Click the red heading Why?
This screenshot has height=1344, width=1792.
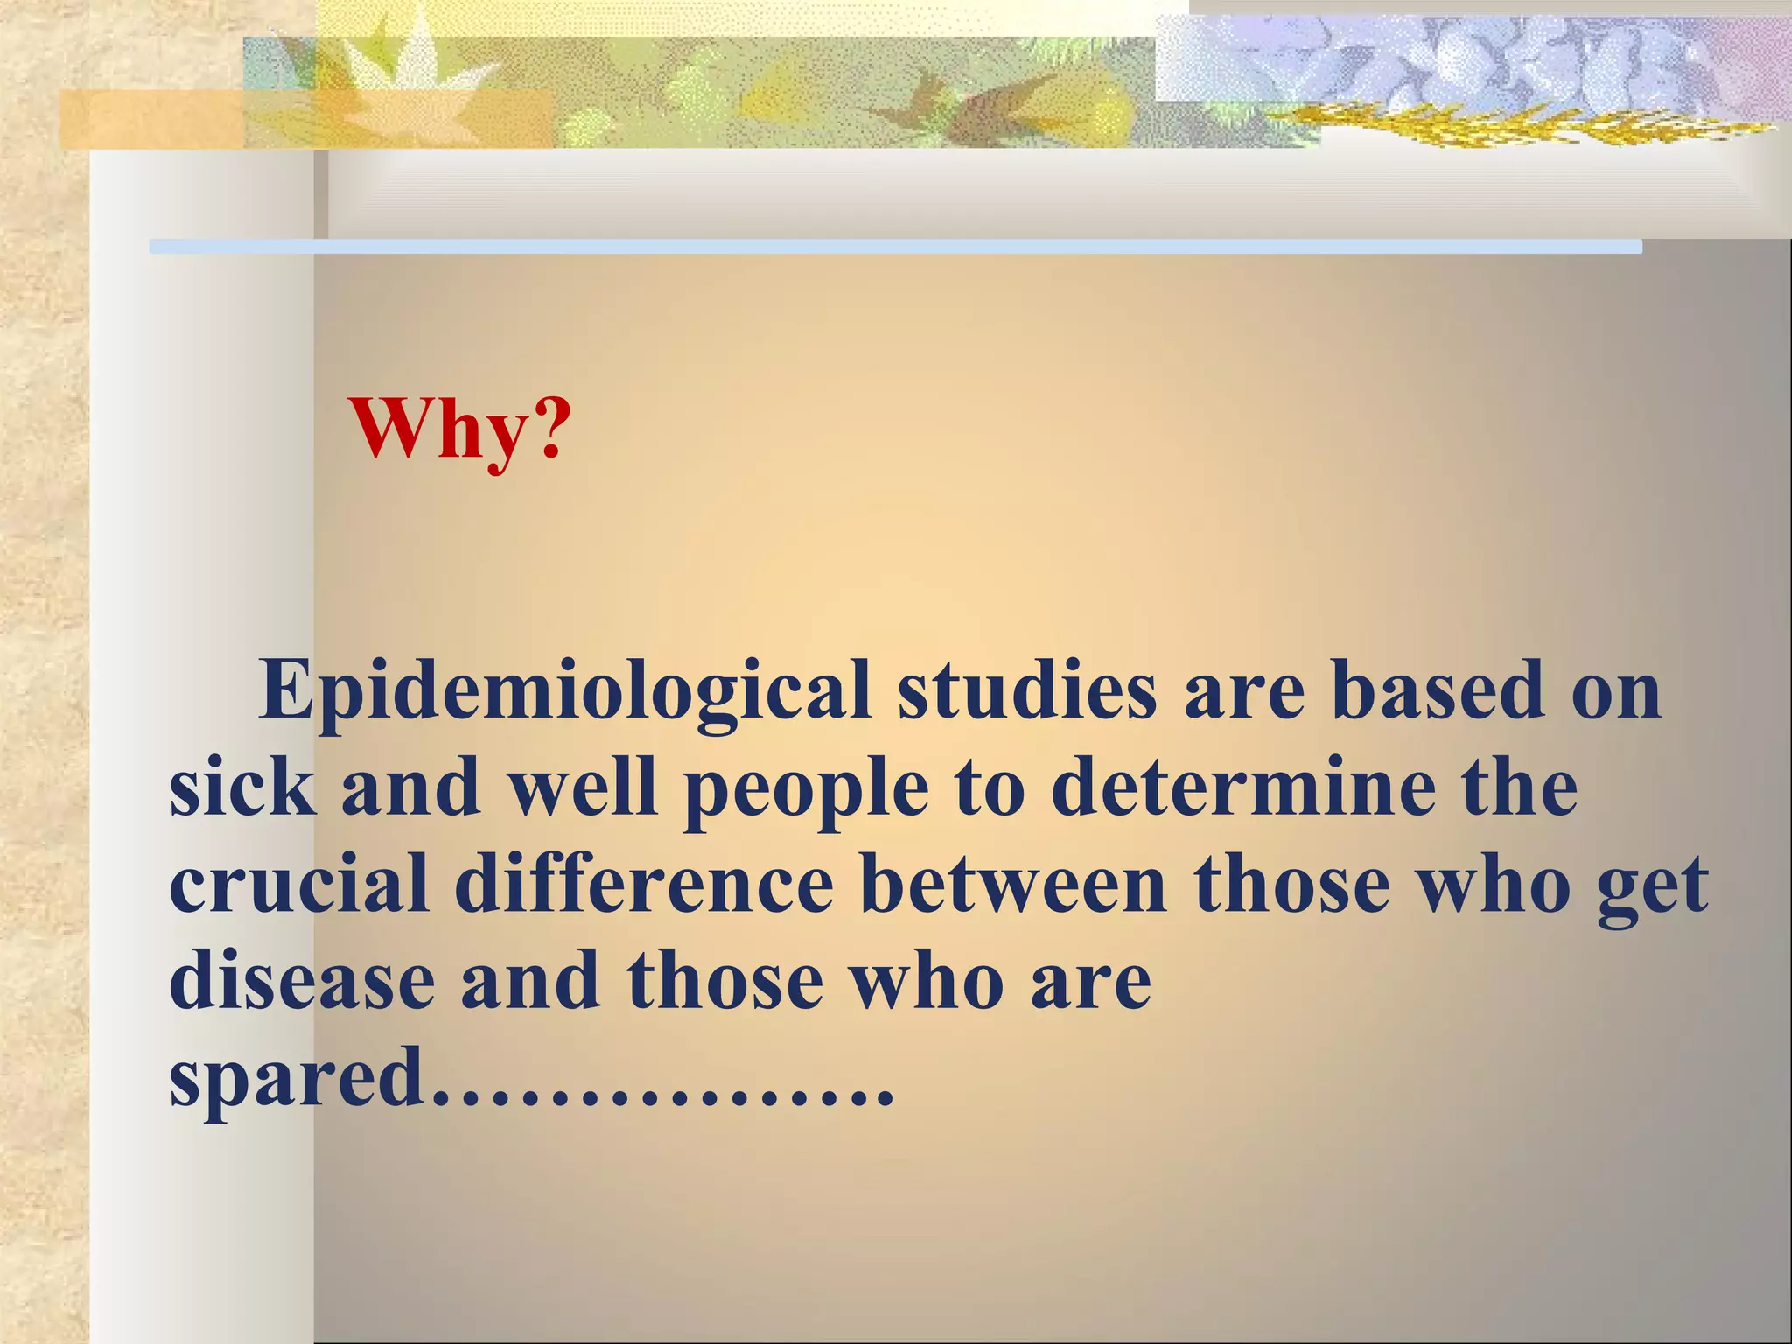click(x=459, y=430)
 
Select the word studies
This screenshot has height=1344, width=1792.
click(x=1027, y=691)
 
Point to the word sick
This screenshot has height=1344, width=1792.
click(x=241, y=788)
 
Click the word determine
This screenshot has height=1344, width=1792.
click(x=1243, y=788)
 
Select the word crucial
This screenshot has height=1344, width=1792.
click(x=298, y=885)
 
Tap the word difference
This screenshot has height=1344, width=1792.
click(x=644, y=885)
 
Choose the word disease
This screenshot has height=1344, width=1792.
click(x=302, y=981)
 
